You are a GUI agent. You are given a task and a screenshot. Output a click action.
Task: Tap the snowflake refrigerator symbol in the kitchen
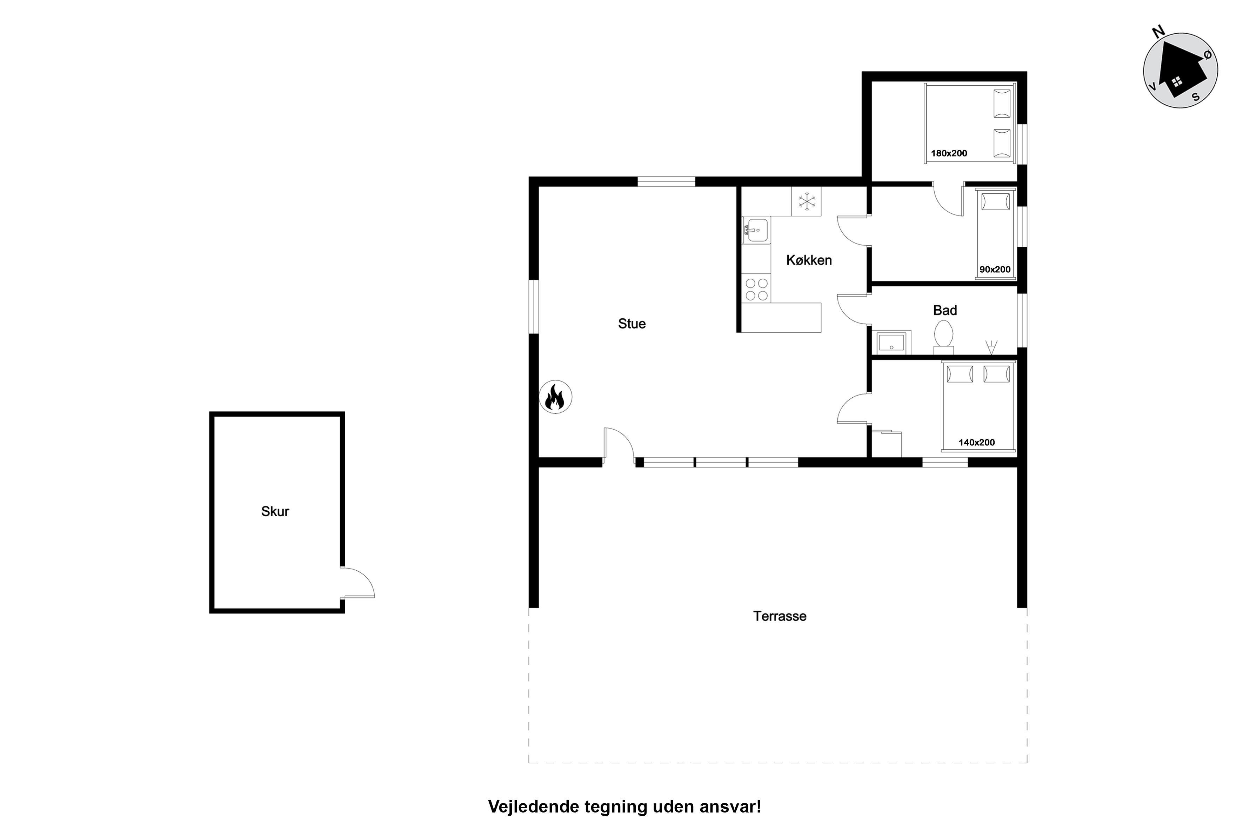pyautogui.click(x=807, y=201)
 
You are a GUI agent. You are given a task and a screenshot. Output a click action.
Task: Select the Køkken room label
pyautogui.click(x=809, y=260)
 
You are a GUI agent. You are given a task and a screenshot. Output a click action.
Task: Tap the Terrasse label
pyautogui.click(x=780, y=616)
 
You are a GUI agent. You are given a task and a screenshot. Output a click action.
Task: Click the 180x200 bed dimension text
pyautogui.click(x=949, y=153)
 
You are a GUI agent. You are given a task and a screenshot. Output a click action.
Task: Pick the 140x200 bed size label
pyautogui.click(x=977, y=443)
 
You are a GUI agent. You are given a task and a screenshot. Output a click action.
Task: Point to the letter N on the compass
pyautogui.click(x=1158, y=32)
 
